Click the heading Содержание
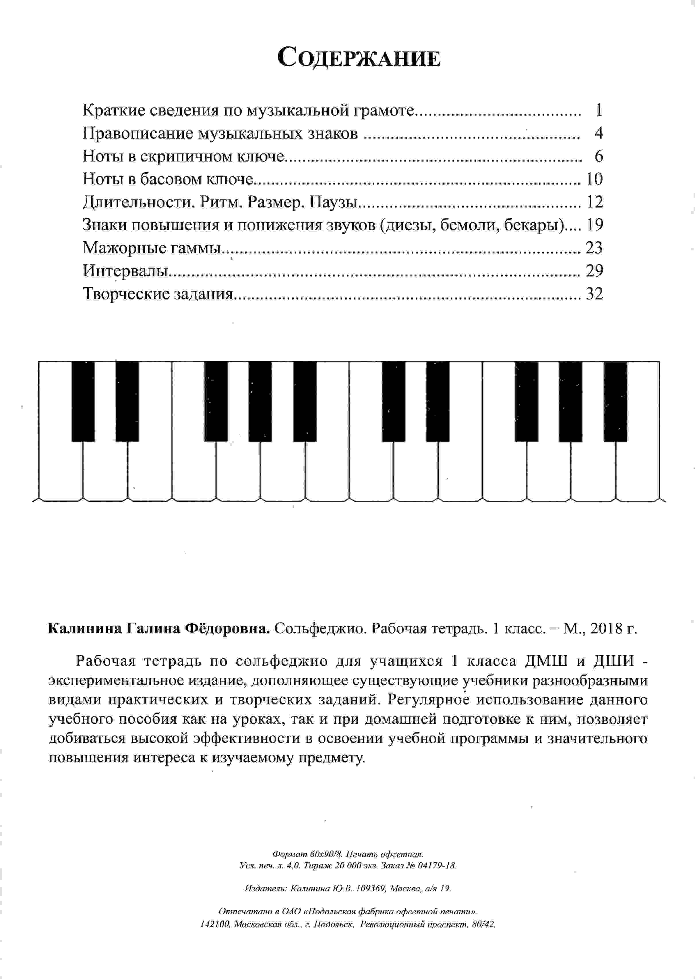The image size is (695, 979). point(359,58)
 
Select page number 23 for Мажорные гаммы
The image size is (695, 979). point(594,248)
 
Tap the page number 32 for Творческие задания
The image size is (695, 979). point(594,294)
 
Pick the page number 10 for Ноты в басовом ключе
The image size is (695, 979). point(594,179)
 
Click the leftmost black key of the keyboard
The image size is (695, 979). point(83,401)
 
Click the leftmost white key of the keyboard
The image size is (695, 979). point(60,471)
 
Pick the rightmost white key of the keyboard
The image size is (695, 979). point(638,471)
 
